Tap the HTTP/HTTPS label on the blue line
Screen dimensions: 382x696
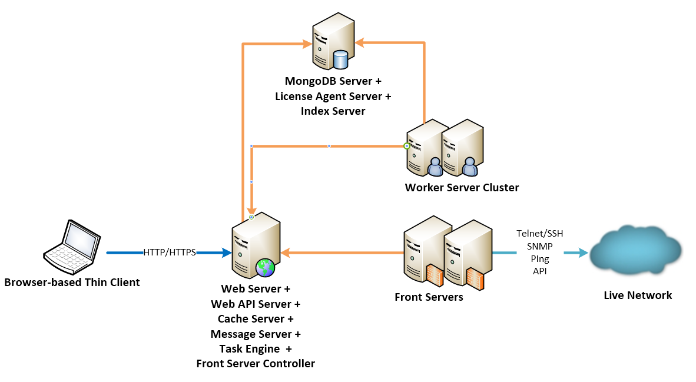click(x=170, y=253)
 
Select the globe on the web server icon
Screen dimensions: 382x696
click(x=266, y=267)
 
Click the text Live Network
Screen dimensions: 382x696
click(x=638, y=295)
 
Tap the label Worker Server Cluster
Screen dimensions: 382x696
click(x=462, y=188)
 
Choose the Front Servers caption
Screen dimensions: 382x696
click(x=429, y=297)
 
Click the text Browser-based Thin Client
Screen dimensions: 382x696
click(x=72, y=283)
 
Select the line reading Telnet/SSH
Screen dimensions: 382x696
click(x=539, y=234)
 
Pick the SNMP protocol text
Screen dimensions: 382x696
click(x=539, y=247)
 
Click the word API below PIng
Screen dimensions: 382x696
click(x=539, y=271)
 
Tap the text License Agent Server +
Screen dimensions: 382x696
click(x=333, y=96)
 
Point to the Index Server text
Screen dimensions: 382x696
click(x=333, y=111)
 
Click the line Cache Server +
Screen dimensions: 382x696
click(x=256, y=319)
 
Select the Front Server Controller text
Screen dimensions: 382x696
click(x=256, y=363)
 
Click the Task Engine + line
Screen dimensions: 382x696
click(x=256, y=348)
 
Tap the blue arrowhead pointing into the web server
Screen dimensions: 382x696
click(x=227, y=253)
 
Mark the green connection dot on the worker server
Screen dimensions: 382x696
click(x=406, y=145)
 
